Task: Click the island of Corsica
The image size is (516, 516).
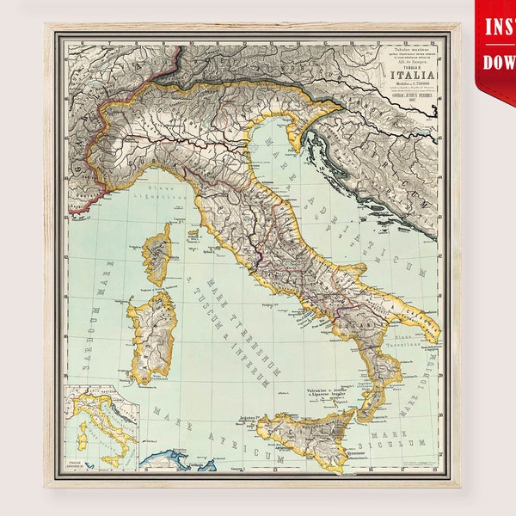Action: pos(158,253)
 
